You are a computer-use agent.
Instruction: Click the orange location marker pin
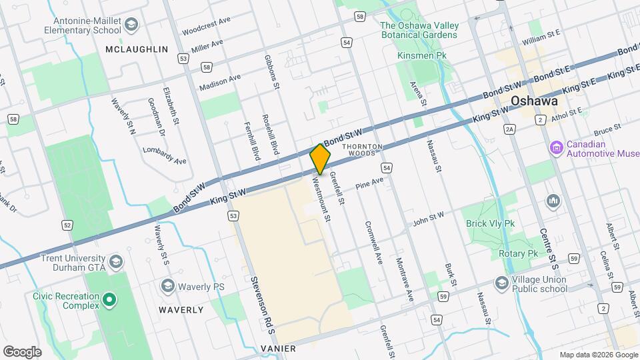pyautogui.click(x=321, y=159)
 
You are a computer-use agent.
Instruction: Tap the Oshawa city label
pyautogui.click(x=534, y=101)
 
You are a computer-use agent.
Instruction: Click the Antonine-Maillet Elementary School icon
pyautogui.click(x=131, y=25)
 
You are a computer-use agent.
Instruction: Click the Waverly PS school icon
pyautogui.click(x=167, y=286)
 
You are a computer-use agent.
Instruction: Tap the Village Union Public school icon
pyautogui.click(x=501, y=284)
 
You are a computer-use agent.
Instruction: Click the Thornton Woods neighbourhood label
pyautogui.click(x=362, y=149)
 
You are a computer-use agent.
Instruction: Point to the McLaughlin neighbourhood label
pyautogui.click(x=137, y=49)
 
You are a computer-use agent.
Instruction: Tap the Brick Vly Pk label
pyautogui.click(x=491, y=223)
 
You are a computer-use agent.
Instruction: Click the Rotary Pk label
pyautogui.click(x=518, y=254)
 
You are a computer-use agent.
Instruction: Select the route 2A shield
pyautogui.click(x=511, y=129)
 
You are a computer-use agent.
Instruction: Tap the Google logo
pyautogui.click(x=22, y=351)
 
